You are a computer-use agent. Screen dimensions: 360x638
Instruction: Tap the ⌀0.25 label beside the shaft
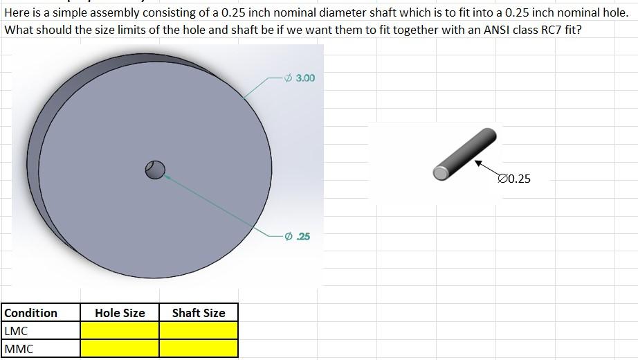tap(514, 179)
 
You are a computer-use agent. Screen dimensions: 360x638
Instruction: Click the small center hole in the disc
tap(155, 170)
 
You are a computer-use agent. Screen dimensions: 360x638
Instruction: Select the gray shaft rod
tap(464, 154)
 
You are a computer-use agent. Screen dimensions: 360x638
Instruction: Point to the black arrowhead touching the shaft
tap(477, 163)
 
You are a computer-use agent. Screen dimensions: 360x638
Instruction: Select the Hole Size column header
tap(120, 313)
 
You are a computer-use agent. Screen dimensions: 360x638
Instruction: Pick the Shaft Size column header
tap(199, 313)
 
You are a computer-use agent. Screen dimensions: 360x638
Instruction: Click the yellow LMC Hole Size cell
tap(120, 331)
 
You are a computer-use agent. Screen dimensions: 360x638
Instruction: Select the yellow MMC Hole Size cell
tap(120, 349)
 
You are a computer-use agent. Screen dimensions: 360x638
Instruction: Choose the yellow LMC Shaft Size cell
tap(199, 331)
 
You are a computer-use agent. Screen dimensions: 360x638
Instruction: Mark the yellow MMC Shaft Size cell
tap(199, 349)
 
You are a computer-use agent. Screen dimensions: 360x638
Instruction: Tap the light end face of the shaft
tap(440, 172)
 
